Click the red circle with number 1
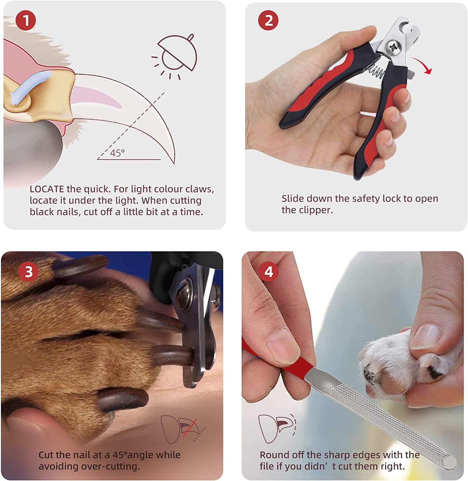[x=26, y=21]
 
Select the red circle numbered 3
[x=29, y=272]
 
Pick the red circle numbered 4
[x=269, y=272]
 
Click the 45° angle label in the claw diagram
[x=117, y=153]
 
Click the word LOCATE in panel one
[x=47, y=189]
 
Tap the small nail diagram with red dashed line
[x=183, y=429]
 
